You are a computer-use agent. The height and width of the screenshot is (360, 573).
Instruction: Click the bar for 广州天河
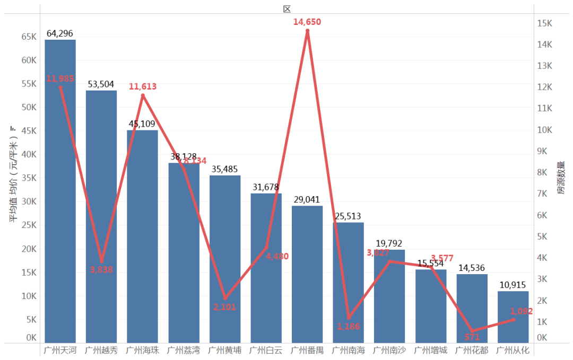(60, 191)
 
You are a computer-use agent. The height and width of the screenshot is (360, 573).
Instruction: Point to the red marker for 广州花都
(472, 331)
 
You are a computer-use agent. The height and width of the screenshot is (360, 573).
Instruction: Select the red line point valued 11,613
(143, 95)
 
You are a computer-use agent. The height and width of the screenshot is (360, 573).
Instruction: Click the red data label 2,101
(224, 306)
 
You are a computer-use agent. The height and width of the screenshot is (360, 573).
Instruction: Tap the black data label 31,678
(266, 187)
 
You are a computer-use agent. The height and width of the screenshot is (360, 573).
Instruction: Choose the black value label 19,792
(389, 243)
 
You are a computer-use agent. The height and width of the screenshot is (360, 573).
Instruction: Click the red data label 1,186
(348, 326)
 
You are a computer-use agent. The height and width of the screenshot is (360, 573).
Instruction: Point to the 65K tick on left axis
(29, 37)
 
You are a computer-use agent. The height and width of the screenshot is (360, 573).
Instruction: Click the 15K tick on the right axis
(545, 23)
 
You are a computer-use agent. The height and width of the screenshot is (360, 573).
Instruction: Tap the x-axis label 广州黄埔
(224, 350)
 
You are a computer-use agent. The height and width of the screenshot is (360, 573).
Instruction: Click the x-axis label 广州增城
(430, 350)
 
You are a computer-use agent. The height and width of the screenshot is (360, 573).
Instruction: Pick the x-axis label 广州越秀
(101, 350)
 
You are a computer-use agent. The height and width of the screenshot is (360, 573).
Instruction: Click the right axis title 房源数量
(561, 178)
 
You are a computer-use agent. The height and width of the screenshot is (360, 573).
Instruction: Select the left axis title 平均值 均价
(14, 175)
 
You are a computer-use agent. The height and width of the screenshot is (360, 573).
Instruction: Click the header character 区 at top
(287, 8)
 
